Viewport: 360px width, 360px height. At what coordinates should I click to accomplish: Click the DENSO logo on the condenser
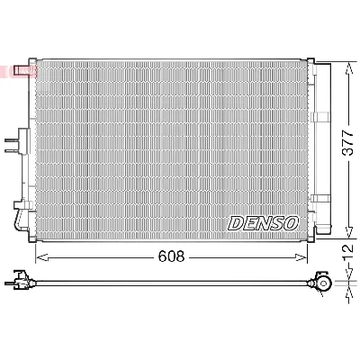(261, 222)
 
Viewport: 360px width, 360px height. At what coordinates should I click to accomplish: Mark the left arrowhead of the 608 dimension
(40, 256)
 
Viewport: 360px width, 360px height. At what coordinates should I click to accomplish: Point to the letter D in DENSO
(236, 222)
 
